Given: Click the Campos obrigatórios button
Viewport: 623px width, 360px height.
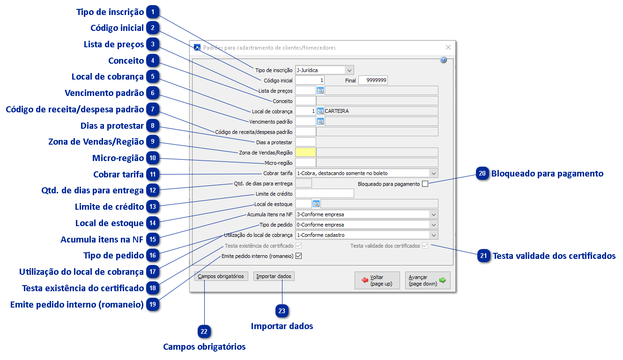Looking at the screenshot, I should click(221, 276).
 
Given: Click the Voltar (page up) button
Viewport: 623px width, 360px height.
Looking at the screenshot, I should click(377, 280).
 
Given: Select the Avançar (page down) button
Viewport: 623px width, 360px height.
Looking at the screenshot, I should click(427, 280).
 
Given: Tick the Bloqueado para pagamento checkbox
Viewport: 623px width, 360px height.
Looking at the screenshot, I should click(425, 184).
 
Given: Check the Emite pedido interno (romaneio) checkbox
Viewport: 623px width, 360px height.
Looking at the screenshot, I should click(298, 256).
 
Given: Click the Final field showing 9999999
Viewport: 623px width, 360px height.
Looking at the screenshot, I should click(373, 81).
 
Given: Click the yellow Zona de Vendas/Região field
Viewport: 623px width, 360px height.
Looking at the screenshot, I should click(306, 152).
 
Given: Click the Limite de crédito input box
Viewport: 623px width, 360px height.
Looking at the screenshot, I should click(325, 194).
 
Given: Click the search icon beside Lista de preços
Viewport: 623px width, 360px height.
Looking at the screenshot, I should click(320, 91).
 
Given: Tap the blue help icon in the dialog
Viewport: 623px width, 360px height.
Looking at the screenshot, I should click(443, 60).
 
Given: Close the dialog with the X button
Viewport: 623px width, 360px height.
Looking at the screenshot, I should click(448, 47).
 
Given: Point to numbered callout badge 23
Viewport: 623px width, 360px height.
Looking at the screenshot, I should click(282, 310).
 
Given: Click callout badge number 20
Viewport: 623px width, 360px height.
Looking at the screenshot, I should click(482, 174).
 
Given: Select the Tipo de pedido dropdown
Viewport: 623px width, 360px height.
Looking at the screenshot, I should click(366, 225).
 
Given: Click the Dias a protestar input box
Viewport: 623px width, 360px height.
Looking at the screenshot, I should click(306, 142).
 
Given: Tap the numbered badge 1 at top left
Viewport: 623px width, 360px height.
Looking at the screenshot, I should click(152, 12).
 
